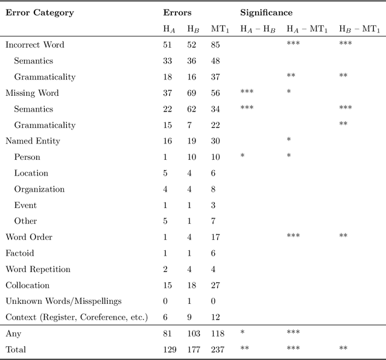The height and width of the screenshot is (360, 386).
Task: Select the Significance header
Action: (x=266, y=12)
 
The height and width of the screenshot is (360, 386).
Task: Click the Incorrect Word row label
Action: (x=35, y=45)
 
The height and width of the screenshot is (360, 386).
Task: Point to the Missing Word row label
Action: (x=33, y=93)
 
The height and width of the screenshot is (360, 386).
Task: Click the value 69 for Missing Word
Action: (x=192, y=93)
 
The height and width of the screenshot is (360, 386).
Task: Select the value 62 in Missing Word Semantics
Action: (x=192, y=109)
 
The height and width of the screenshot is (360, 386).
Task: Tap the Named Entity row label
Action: (x=33, y=141)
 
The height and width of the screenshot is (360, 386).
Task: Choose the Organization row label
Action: (x=39, y=189)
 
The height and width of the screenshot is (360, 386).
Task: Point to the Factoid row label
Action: (x=20, y=253)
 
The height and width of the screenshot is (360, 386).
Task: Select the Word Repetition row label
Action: (x=38, y=269)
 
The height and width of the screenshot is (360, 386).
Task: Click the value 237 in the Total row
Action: (x=219, y=349)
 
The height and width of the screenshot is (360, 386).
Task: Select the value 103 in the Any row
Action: (x=194, y=333)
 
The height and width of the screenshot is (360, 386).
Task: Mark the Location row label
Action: (x=31, y=173)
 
